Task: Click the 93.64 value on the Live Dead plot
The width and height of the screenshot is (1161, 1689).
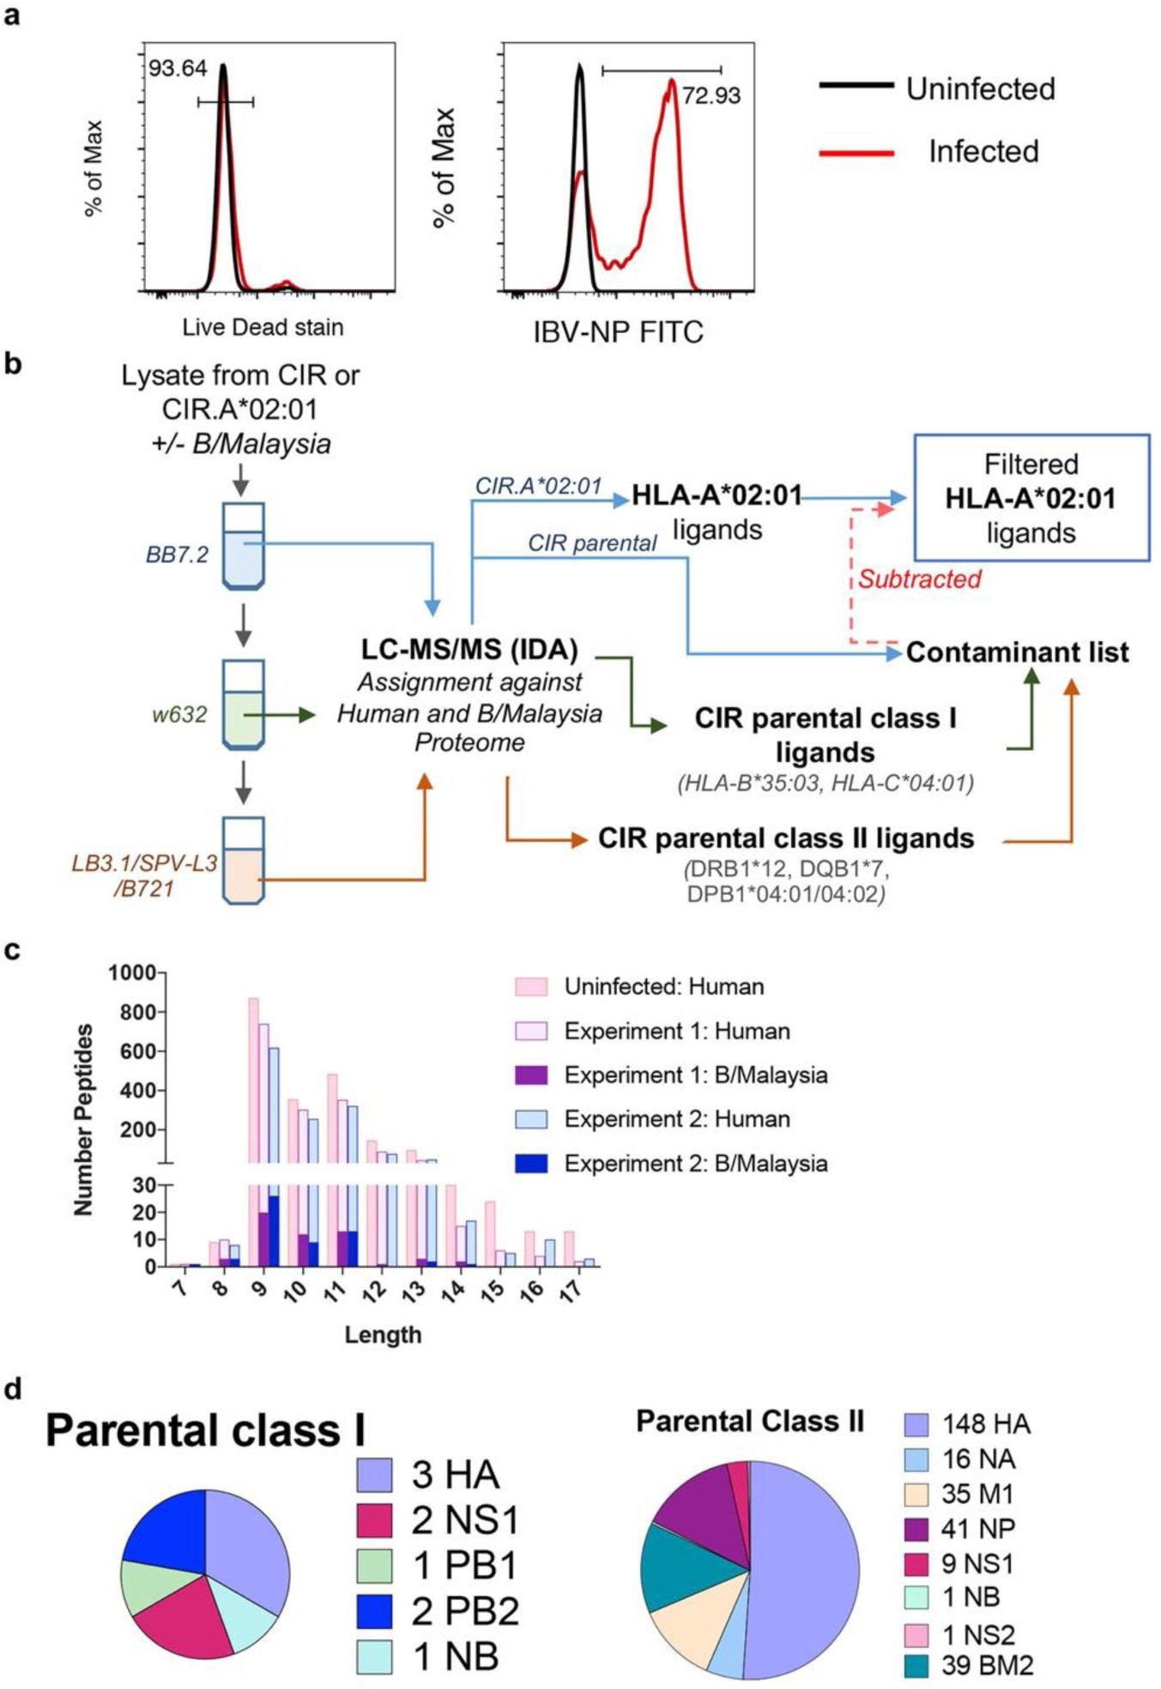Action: [x=178, y=69]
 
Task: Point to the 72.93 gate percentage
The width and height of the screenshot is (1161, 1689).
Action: [x=711, y=95]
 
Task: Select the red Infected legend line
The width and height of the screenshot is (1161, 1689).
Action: [x=856, y=154]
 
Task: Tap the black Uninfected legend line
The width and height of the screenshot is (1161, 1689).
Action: [x=856, y=85]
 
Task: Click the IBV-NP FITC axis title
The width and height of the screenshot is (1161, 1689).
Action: [x=618, y=332]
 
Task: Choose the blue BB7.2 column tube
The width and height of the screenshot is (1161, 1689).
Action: [x=243, y=547]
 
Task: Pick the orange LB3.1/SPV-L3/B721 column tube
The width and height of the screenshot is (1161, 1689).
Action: [x=243, y=861]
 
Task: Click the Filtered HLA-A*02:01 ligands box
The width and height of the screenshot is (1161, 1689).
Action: [x=1031, y=498]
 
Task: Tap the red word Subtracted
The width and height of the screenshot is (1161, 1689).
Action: [x=919, y=579]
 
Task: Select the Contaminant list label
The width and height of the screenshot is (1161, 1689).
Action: [x=1017, y=652]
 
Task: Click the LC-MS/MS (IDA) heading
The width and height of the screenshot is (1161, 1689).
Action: [x=469, y=649]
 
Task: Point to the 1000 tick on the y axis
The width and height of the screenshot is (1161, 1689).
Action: [x=131, y=972]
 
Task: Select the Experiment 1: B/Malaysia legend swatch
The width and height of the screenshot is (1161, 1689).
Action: [x=530, y=1075]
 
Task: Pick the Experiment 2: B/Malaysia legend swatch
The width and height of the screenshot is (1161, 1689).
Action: [x=530, y=1164]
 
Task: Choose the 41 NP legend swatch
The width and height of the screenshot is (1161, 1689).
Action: [x=916, y=1529]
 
